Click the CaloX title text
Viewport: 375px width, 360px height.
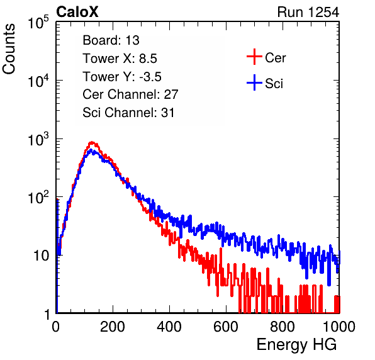point(77,12)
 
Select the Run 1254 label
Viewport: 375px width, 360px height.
point(308,12)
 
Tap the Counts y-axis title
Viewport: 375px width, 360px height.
point(9,49)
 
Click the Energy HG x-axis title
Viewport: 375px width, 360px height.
point(296,345)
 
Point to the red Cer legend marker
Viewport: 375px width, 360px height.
point(254,57)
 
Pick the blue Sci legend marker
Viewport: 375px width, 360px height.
point(254,82)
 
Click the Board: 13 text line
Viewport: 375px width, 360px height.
point(111,40)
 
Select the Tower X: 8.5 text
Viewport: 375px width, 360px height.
point(120,59)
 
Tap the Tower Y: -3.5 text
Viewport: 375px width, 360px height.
point(122,77)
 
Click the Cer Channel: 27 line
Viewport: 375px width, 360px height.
point(130,94)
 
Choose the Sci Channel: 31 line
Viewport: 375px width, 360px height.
point(128,113)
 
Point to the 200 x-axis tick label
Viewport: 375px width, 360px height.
point(113,327)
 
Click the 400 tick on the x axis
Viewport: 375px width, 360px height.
point(169,327)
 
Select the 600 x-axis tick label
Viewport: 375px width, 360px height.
point(226,327)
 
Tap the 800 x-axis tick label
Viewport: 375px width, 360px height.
point(283,327)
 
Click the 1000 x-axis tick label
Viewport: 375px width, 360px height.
point(339,327)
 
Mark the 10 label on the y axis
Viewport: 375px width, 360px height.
point(41,256)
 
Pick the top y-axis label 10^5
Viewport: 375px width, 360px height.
point(38,22)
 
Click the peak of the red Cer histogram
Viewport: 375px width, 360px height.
point(92,142)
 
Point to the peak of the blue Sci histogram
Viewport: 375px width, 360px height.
point(91,150)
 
